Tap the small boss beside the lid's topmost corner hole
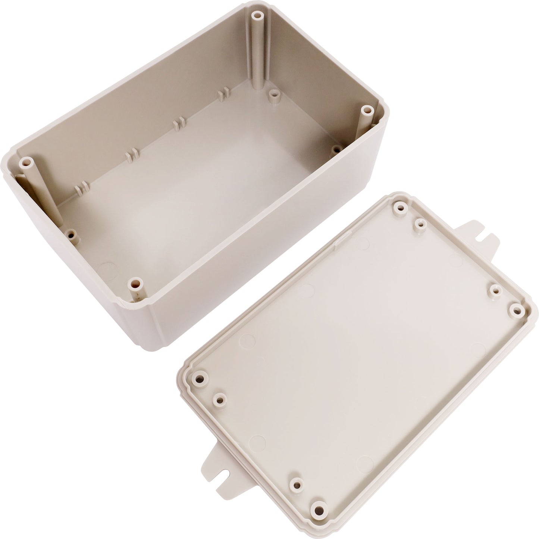click(420, 224)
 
